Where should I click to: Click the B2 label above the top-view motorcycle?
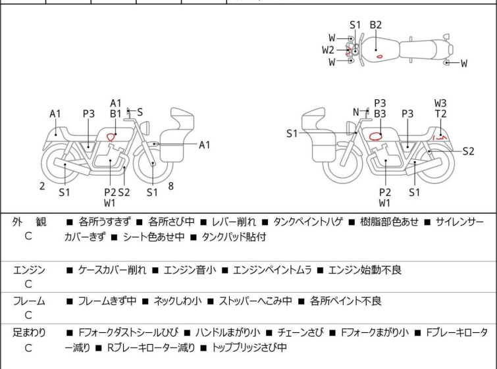375,25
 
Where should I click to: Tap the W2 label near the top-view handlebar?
328,49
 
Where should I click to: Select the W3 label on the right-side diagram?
440,103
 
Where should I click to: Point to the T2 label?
440,114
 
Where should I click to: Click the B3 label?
380,114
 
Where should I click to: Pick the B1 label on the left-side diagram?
116,114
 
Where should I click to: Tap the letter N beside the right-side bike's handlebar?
356,112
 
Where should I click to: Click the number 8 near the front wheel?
170,186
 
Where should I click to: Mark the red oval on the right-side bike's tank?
376,136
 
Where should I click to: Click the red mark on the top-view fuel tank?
380,56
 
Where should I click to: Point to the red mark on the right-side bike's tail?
444,138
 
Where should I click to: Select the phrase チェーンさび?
300,333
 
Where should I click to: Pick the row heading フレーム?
29,301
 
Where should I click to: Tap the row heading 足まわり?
29,333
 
